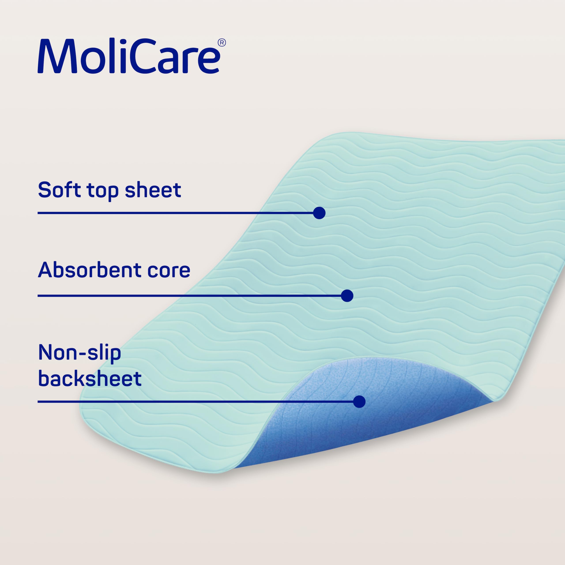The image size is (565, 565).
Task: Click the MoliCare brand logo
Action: coord(132,56)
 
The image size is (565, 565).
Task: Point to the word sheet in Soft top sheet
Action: coord(153,190)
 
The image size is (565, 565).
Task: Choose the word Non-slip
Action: coord(79,353)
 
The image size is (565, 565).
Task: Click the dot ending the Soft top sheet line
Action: coord(319,213)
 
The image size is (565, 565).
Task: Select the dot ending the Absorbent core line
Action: coord(347,296)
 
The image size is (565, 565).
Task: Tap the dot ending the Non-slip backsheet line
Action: coord(359,401)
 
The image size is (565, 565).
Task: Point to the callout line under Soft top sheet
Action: coord(175,213)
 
